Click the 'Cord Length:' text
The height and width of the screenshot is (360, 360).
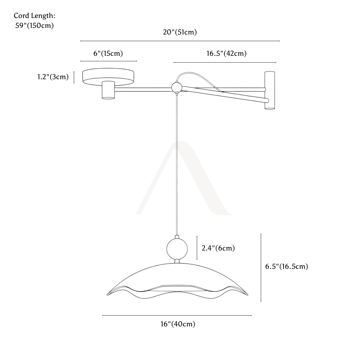34,16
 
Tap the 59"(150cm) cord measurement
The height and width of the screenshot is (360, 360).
34,25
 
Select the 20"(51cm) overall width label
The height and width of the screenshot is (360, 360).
180,32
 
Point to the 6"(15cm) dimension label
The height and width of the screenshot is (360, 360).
108,53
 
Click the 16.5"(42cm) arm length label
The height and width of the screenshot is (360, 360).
226,53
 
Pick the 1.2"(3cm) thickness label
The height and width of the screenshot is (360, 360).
53,77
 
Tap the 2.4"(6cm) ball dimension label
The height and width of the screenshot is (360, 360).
218,248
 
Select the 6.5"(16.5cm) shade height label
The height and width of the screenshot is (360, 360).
286,266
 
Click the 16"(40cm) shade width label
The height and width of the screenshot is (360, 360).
178,324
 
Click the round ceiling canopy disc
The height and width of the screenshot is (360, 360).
108,76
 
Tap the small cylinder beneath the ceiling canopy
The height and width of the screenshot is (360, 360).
108,90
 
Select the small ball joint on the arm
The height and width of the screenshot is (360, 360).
176,87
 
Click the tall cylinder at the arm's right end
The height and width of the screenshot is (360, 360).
270,90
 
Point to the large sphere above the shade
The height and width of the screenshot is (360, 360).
177,249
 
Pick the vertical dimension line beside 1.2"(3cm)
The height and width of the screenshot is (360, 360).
74,77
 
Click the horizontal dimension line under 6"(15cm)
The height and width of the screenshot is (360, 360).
109,61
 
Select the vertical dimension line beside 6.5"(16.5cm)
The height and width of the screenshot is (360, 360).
261,268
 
